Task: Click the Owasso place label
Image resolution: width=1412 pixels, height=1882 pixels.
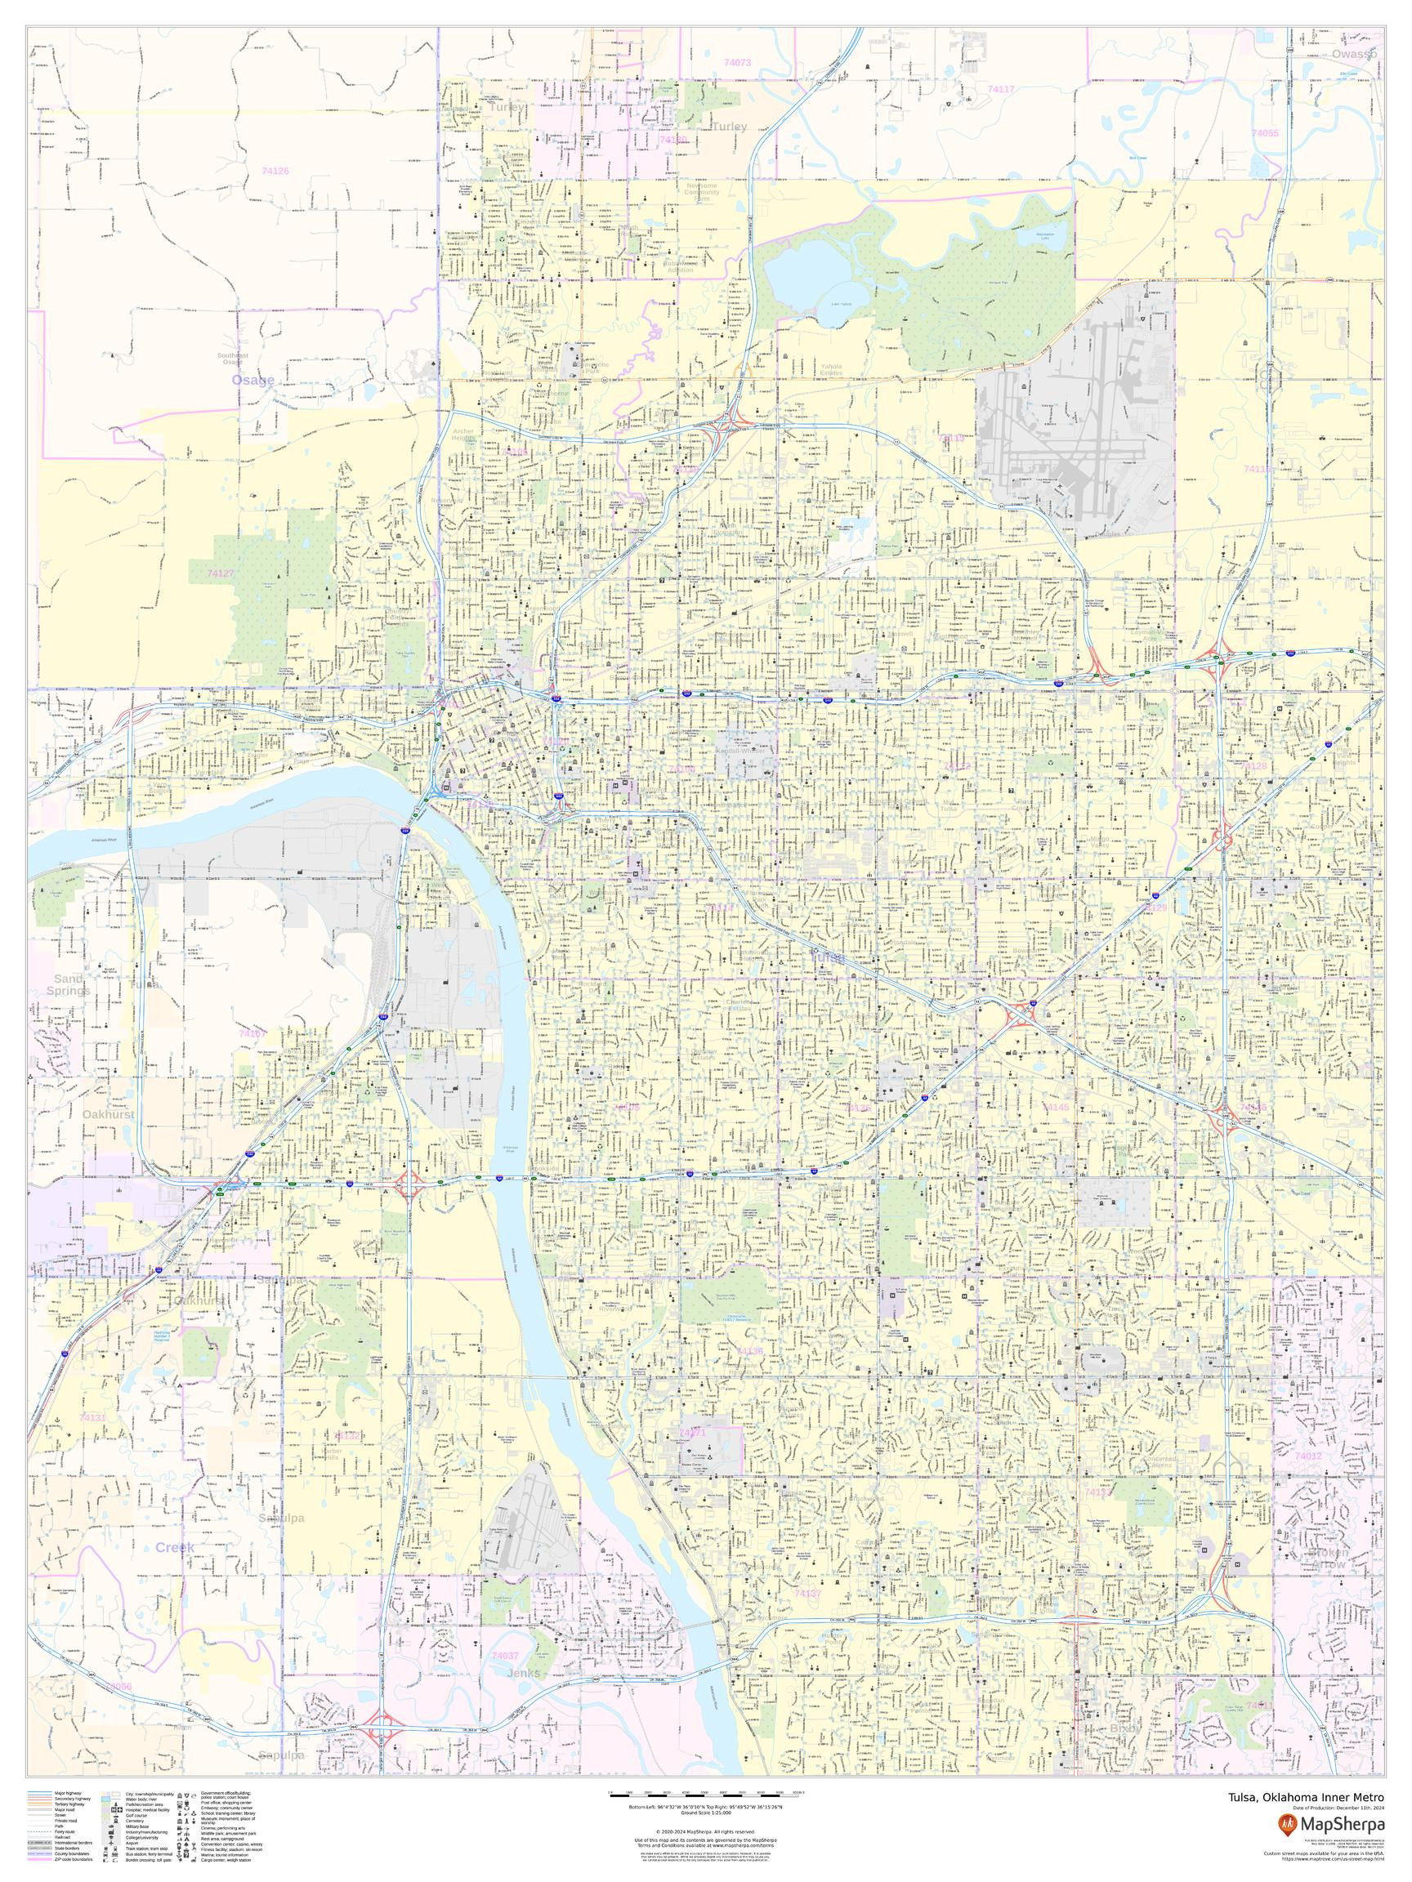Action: click(x=1354, y=54)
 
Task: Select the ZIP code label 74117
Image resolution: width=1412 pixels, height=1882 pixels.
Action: click(x=1001, y=89)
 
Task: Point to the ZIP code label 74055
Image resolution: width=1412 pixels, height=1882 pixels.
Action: click(x=1264, y=134)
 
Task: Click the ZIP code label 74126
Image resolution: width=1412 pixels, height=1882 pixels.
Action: click(x=275, y=171)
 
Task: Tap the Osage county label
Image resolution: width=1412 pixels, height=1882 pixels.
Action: click(x=253, y=380)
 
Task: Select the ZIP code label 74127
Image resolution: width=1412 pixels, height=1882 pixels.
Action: click(x=221, y=573)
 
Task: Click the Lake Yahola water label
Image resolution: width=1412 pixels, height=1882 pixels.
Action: click(x=841, y=304)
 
